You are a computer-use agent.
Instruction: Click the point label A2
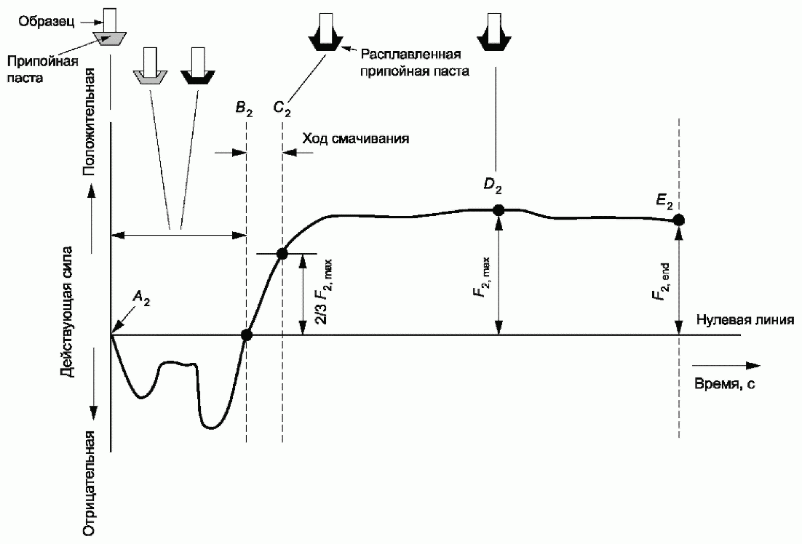click(x=141, y=297)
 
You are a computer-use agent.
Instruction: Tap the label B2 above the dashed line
click(x=244, y=109)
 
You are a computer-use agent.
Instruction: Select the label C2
click(x=282, y=109)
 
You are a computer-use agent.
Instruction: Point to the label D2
click(x=493, y=186)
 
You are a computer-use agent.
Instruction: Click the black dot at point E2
click(x=679, y=220)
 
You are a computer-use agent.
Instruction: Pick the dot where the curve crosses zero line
click(x=247, y=335)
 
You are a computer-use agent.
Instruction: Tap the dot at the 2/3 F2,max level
click(x=282, y=254)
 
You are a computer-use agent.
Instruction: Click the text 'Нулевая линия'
click(x=745, y=320)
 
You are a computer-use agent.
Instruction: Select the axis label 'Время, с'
click(x=724, y=383)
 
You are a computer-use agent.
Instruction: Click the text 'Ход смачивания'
click(x=356, y=139)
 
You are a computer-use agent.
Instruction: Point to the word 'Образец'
click(x=47, y=22)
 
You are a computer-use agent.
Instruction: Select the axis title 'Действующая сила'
click(x=68, y=313)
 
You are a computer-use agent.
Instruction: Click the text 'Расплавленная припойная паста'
click(x=414, y=63)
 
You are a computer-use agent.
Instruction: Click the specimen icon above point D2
click(x=494, y=31)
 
